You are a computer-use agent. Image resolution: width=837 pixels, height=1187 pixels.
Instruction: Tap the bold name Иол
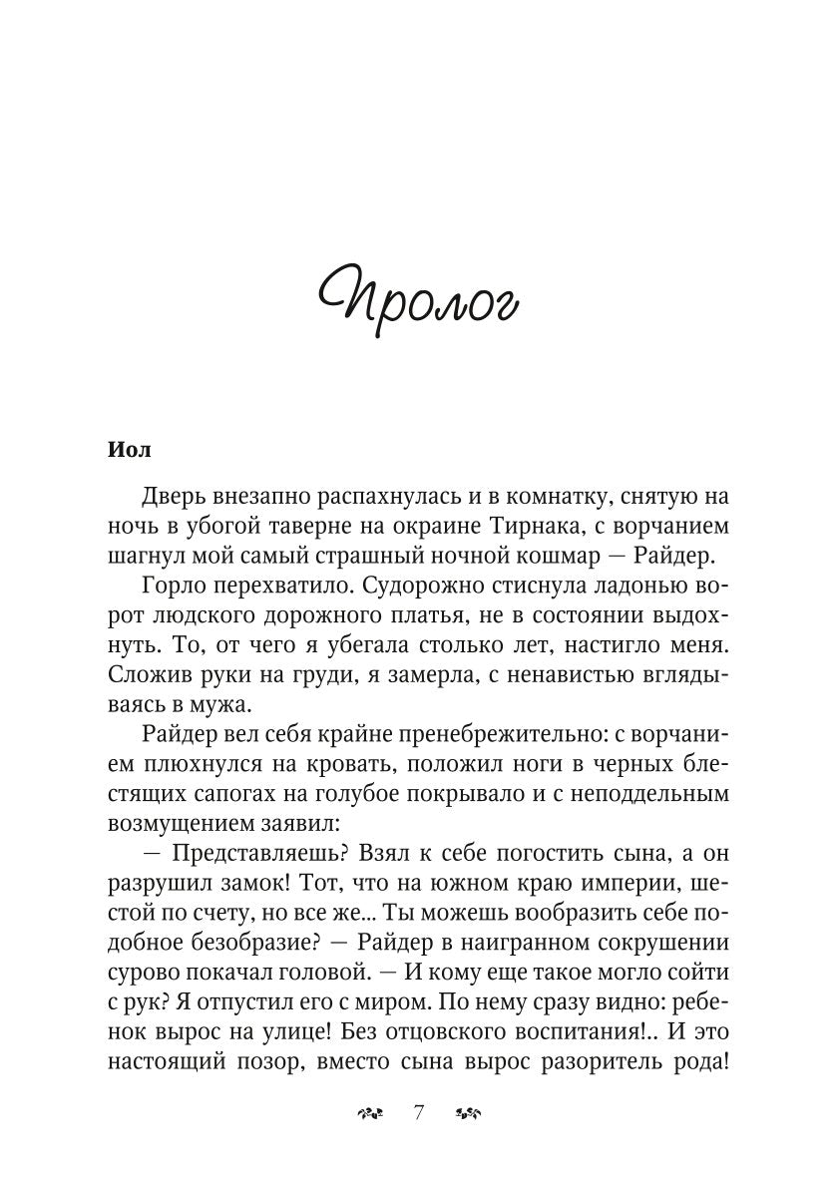point(129,450)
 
